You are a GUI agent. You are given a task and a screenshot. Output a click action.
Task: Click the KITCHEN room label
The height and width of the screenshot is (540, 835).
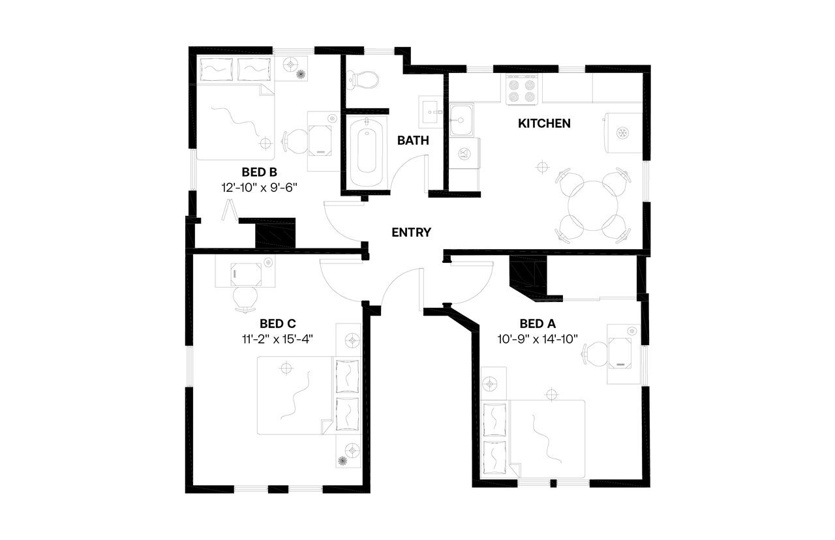[x=544, y=123]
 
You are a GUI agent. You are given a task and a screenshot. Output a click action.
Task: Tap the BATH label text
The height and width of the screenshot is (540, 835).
[x=413, y=140]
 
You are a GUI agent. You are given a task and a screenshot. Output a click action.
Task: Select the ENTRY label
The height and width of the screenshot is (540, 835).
[x=411, y=232]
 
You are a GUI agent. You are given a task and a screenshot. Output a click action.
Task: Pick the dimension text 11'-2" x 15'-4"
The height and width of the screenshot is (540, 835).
[x=278, y=338]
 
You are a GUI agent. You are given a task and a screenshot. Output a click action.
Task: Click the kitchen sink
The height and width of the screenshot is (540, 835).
[x=461, y=121]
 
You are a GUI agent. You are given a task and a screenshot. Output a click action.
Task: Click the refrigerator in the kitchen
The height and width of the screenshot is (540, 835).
[x=623, y=133]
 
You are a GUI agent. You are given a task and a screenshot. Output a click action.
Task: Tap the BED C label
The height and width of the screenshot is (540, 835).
[x=278, y=323]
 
